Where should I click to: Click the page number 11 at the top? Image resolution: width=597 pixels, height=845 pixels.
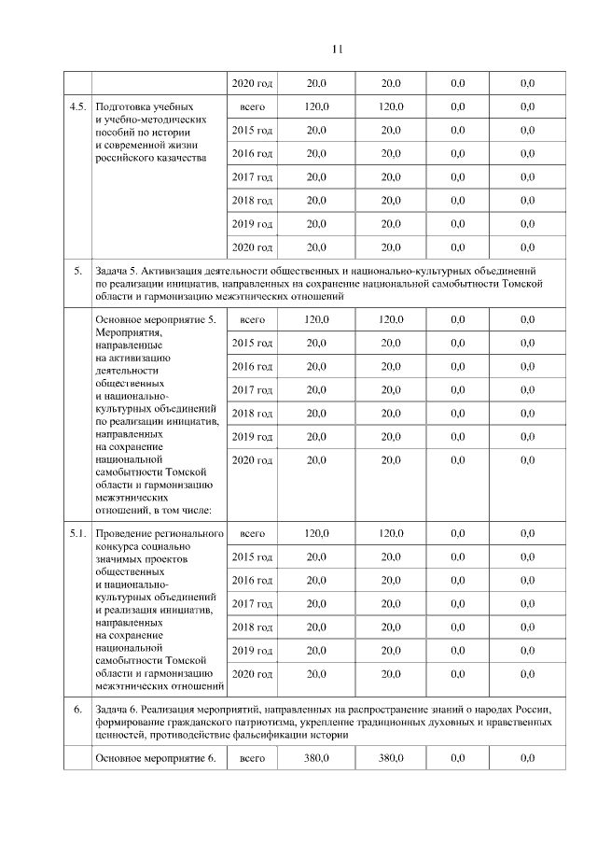click(338, 49)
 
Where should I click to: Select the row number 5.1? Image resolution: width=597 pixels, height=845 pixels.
click(77, 533)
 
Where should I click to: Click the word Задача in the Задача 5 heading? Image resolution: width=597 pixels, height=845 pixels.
click(114, 271)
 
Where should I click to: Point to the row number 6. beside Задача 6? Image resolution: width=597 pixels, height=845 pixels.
click(78, 711)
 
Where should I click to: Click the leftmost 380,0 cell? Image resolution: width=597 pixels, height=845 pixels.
click(316, 759)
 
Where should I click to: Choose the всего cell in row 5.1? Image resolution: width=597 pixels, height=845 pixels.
click(252, 533)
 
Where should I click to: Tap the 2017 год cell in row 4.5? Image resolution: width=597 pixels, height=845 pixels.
click(252, 177)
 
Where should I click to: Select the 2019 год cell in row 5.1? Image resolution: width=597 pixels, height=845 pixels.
click(252, 650)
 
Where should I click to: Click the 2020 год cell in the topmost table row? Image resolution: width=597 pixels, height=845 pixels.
click(252, 84)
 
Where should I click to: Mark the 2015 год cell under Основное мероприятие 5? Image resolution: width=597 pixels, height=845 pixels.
click(252, 344)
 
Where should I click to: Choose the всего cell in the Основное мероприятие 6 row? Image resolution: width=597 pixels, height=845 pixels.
click(252, 759)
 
